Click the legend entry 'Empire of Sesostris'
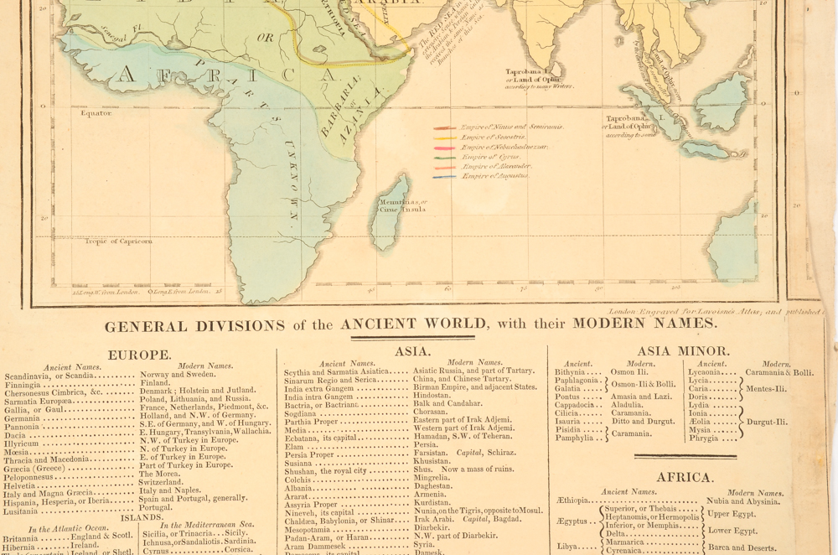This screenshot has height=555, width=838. [x=494, y=137]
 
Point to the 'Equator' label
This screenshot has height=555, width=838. [x=96, y=113]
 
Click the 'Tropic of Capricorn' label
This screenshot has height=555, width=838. [x=118, y=241]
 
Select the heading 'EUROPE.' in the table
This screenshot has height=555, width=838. [x=140, y=355]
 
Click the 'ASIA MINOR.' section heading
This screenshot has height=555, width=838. [x=683, y=351]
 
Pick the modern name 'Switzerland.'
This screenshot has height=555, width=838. [x=161, y=483]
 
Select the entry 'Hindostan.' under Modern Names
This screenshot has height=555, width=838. [x=432, y=395]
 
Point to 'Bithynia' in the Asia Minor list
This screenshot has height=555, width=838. [x=570, y=372]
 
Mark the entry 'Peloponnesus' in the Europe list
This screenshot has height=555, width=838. [x=31, y=475]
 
